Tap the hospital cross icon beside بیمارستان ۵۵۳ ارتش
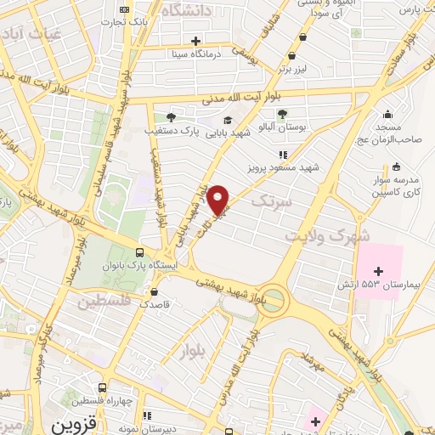coord(379,270)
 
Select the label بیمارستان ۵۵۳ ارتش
coord(384,283)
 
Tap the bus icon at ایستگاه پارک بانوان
coord(139,252)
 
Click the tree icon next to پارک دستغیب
coord(171,117)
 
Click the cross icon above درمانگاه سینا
coord(195,40)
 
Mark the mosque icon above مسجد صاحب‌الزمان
coord(388,115)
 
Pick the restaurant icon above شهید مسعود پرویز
coord(282,155)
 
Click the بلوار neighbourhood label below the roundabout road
coord(193,348)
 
